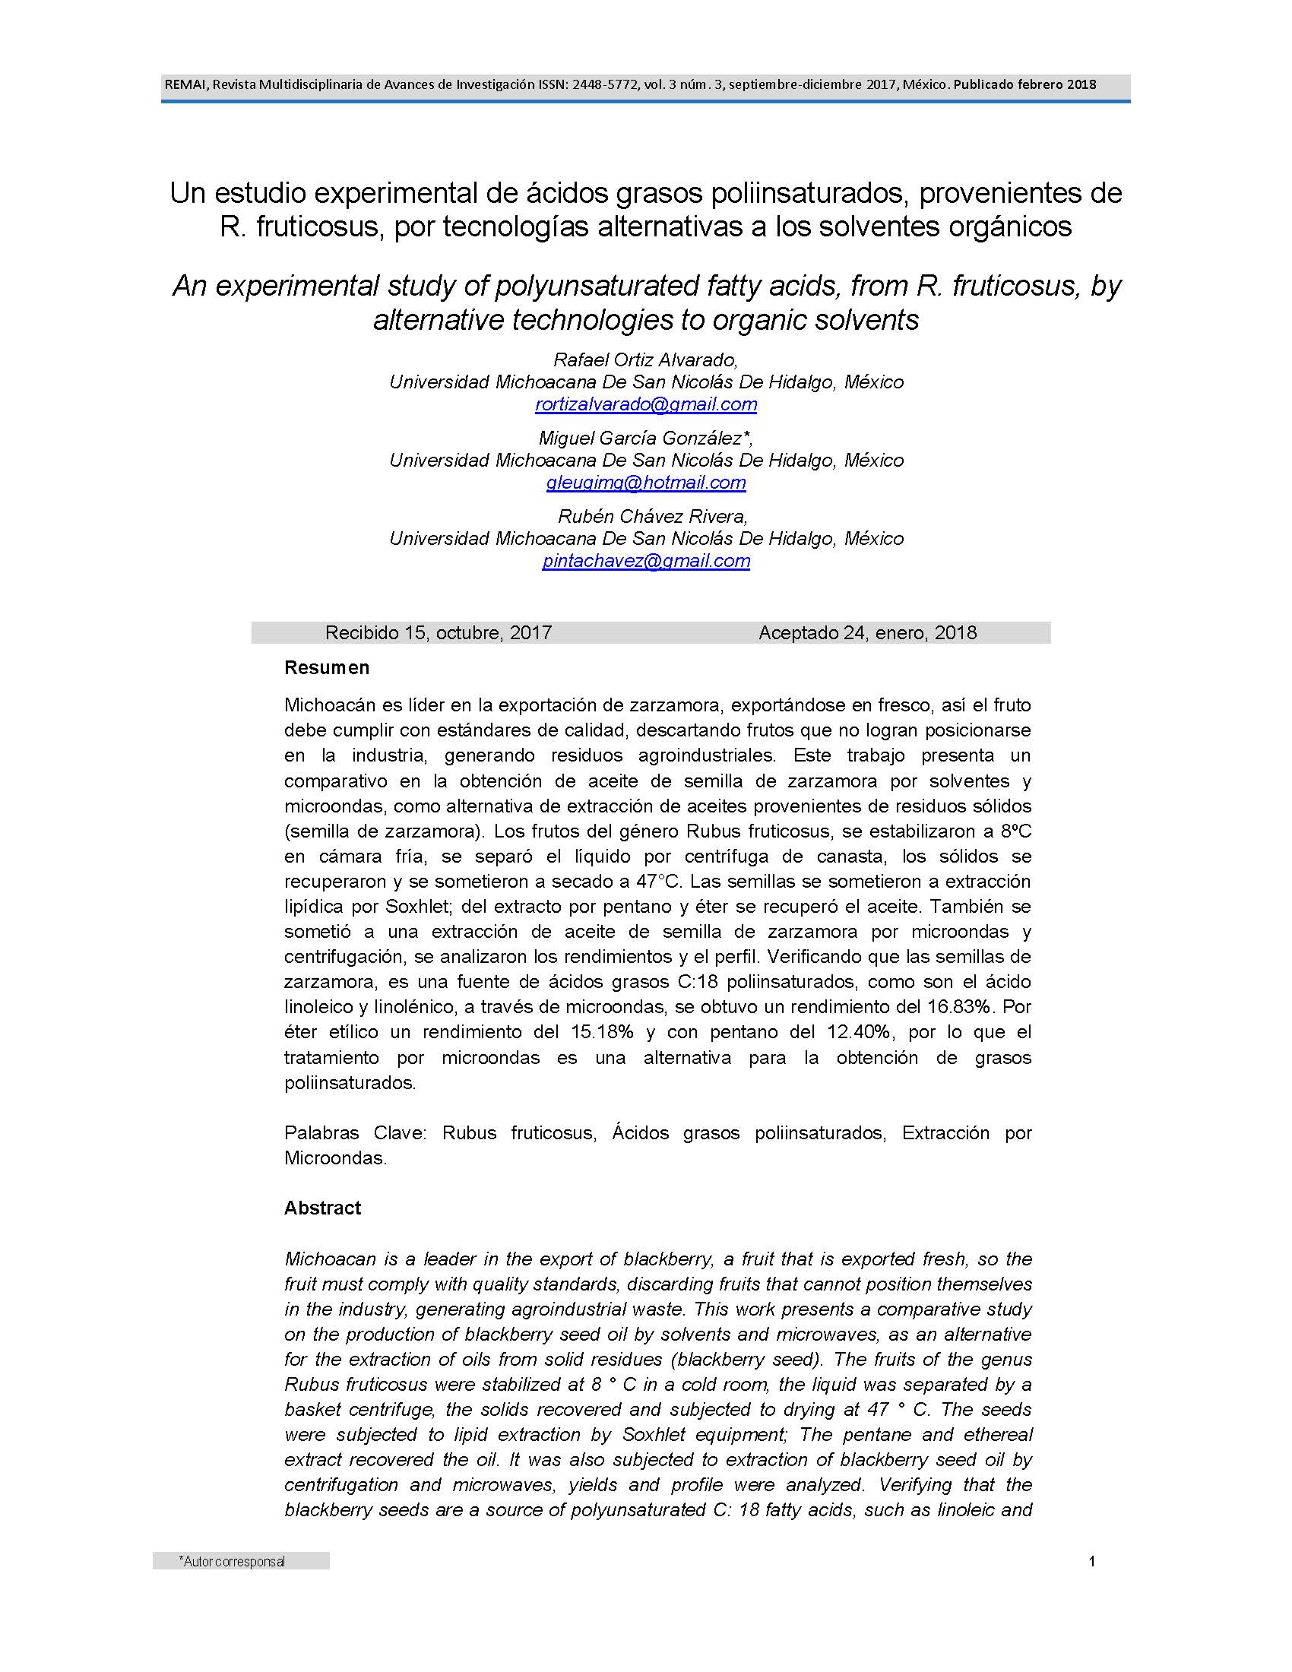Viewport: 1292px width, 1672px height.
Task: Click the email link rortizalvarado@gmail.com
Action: pyautogui.click(x=646, y=404)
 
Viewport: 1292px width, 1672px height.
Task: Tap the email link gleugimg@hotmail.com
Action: pyautogui.click(x=646, y=483)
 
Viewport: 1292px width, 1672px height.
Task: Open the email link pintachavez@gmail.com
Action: pyautogui.click(x=646, y=560)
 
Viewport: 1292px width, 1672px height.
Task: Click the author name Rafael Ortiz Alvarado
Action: pyautogui.click(x=644, y=359)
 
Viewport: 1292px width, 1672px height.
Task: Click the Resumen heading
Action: pyautogui.click(x=327, y=667)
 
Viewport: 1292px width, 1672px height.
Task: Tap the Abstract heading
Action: pyautogui.click(x=322, y=1208)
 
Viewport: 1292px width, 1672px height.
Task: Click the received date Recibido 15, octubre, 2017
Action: pyautogui.click(x=439, y=632)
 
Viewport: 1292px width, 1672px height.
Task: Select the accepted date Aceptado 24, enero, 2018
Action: pyautogui.click(x=867, y=632)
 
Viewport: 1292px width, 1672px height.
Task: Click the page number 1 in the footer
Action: pyautogui.click(x=1092, y=1561)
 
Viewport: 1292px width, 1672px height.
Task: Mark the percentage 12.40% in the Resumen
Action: pyautogui.click(x=859, y=1032)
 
